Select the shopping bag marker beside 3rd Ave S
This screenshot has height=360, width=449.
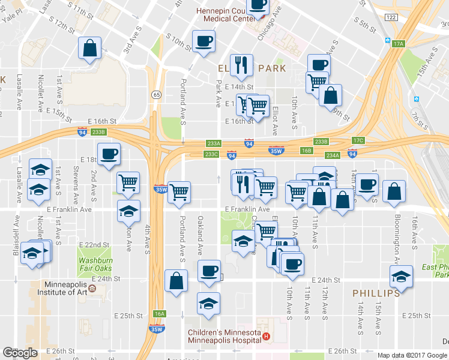89,49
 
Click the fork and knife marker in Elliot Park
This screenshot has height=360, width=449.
241,66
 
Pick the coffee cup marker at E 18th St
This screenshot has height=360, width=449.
109,155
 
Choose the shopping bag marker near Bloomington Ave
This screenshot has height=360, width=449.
394,192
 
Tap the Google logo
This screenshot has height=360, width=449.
20,353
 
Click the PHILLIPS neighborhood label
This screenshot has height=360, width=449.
376,293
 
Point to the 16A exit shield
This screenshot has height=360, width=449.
159,314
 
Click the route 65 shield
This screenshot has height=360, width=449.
156,94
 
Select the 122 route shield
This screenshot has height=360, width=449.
391,18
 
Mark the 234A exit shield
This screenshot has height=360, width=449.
333,155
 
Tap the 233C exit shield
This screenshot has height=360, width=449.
211,154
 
